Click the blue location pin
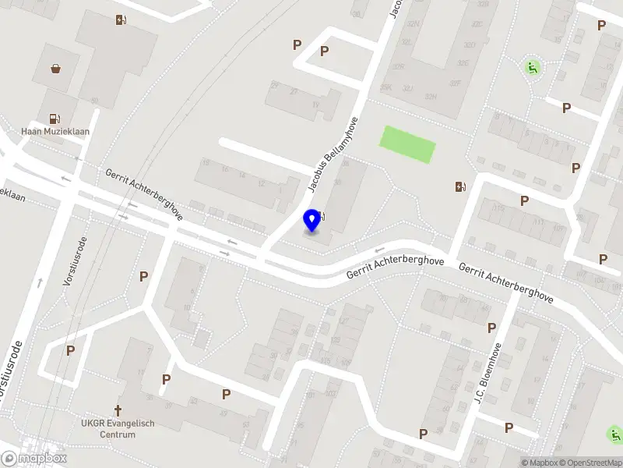coord(313,220)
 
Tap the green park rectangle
coord(407,144)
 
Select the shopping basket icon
coord(56,69)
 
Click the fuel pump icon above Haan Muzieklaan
coord(55,119)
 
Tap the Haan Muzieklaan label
coord(56,132)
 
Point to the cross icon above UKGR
coord(118,410)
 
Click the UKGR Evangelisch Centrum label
coord(118,428)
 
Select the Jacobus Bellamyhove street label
coord(333,155)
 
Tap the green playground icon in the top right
coord(533,67)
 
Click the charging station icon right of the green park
coord(461,186)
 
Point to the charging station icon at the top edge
coord(120,20)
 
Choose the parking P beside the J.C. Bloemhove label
coord(491,328)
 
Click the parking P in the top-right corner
coord(601,26)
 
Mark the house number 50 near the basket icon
coord(94,101)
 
